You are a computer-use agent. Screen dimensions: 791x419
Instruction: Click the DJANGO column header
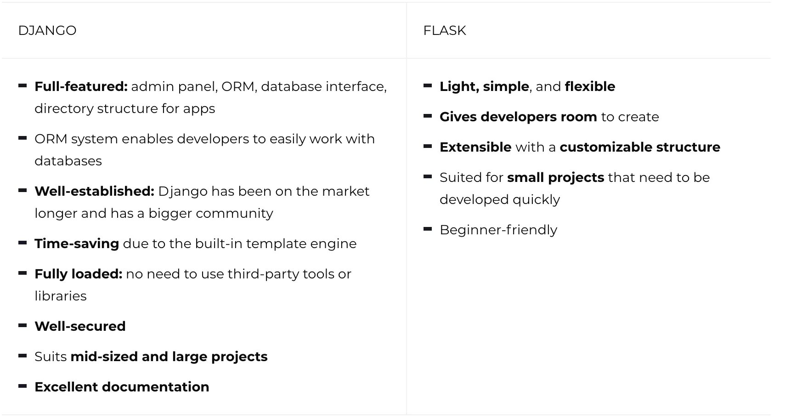click(x=47, y=31)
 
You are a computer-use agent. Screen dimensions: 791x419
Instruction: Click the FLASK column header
click(x=444, y=31)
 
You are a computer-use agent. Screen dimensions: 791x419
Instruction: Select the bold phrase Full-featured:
click(x=81, y=87)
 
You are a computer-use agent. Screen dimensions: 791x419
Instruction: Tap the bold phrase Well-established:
click(x=94, y=192)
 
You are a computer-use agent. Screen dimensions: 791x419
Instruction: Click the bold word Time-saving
click(x=77, y=244)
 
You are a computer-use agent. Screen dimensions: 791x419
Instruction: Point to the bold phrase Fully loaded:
click(x=78, y=274)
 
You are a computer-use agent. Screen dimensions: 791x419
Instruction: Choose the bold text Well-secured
click(x=80, y=327)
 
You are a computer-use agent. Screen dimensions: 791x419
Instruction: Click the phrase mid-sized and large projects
click(x=169, y=357)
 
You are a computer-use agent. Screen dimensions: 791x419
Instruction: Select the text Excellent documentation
click(x=122, y=387)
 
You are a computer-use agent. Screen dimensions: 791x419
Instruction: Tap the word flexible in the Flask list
click(x=590, y=87)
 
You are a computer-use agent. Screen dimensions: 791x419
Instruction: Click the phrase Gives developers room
click(x=518, y=117)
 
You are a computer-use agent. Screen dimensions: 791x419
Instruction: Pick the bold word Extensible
click(x=475, y=147)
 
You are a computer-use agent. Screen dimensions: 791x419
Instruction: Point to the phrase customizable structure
click(x=640, y=147)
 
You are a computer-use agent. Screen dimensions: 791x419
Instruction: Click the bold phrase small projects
click(x=555, y=178)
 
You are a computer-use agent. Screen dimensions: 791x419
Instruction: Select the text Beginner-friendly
click(x=498, y=230)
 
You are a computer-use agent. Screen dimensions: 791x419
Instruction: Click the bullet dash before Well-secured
click(x=23, y=326)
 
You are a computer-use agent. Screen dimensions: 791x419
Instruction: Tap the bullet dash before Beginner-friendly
click(x=428, y=229)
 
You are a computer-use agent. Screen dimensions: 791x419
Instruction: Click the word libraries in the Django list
click(x=61, y=296)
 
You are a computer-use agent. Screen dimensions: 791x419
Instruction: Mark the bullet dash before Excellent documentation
click(x=23, y=386)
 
